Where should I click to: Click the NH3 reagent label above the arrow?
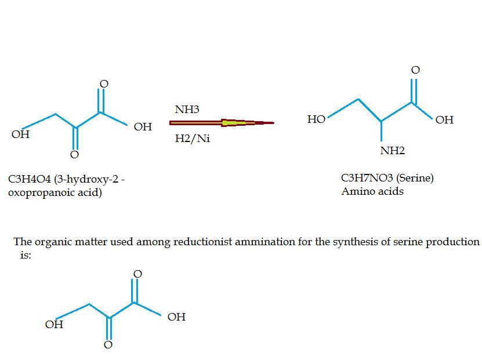(187, 110)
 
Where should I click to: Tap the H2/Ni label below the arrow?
(193, 139)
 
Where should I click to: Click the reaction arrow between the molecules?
(222, 123)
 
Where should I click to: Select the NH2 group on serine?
(392, 151)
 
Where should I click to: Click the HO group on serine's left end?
(316, 119)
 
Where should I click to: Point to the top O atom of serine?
(415, 70)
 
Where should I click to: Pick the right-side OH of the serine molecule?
(444, 119)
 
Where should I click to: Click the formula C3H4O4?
(30, 179)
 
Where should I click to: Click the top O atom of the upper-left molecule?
(104, 84)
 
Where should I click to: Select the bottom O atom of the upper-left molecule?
(74, 155)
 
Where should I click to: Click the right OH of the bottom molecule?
(176, 317)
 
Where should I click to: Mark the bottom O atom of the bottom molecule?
(108, 345)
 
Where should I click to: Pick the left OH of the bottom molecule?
(54, 325)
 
